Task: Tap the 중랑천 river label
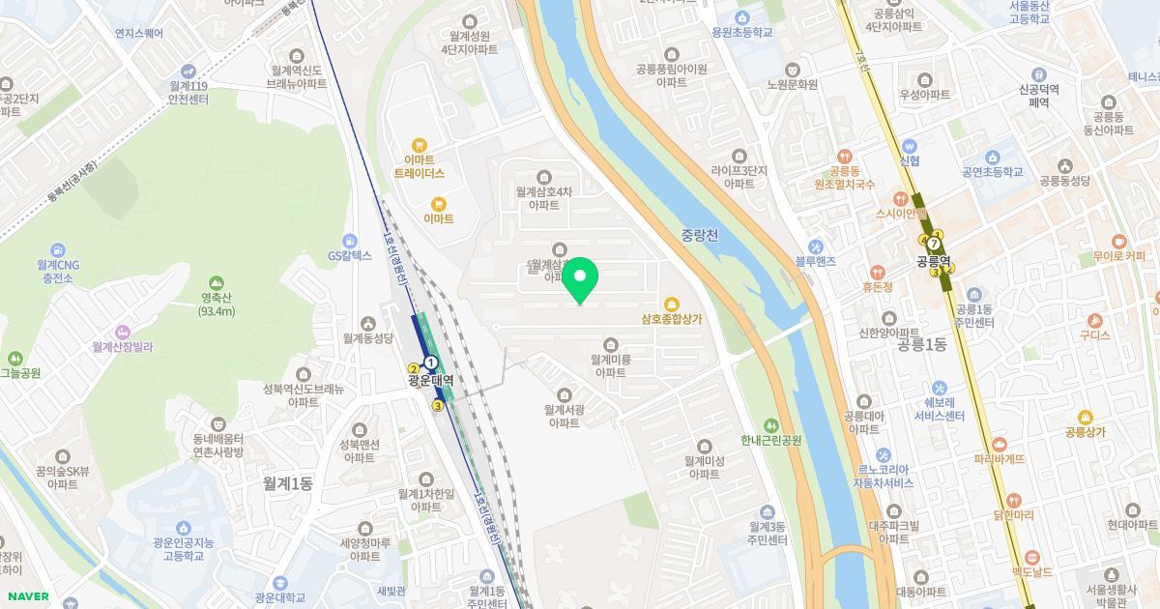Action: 699,235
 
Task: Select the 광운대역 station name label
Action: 430,381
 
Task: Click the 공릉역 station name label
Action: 935,261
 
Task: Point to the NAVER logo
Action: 27,596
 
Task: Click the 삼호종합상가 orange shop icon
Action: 671,302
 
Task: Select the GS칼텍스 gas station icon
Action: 349,240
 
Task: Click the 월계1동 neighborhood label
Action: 287,483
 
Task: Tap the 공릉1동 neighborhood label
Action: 921,344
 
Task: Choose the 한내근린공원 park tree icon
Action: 770,424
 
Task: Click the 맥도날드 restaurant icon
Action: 1031,557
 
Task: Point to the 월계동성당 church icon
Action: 367,323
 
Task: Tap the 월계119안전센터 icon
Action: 188,71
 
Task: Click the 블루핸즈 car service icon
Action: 815,246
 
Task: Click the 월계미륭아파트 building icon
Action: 611,344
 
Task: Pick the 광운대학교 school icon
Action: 279,583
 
